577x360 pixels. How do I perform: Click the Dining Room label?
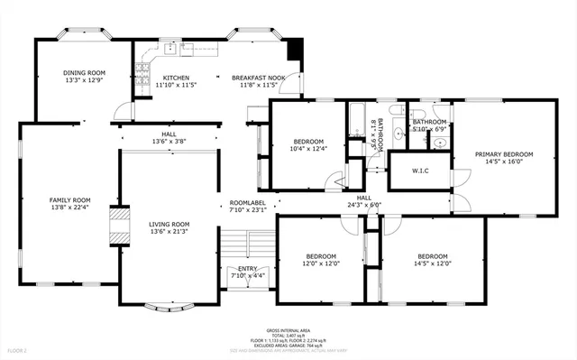click(x=84, y=72)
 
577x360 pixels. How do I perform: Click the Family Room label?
click(x=69, y=199)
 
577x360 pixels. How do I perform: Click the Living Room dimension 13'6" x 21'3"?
click(x=169, y=231)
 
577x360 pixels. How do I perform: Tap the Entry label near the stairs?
click(x=247, y=269)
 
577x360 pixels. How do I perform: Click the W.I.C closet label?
click(x=420, y=170)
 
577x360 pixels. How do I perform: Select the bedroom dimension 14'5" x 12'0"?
click(x=433, y=263)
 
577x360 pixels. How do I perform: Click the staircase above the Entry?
click(x=247, y=244)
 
